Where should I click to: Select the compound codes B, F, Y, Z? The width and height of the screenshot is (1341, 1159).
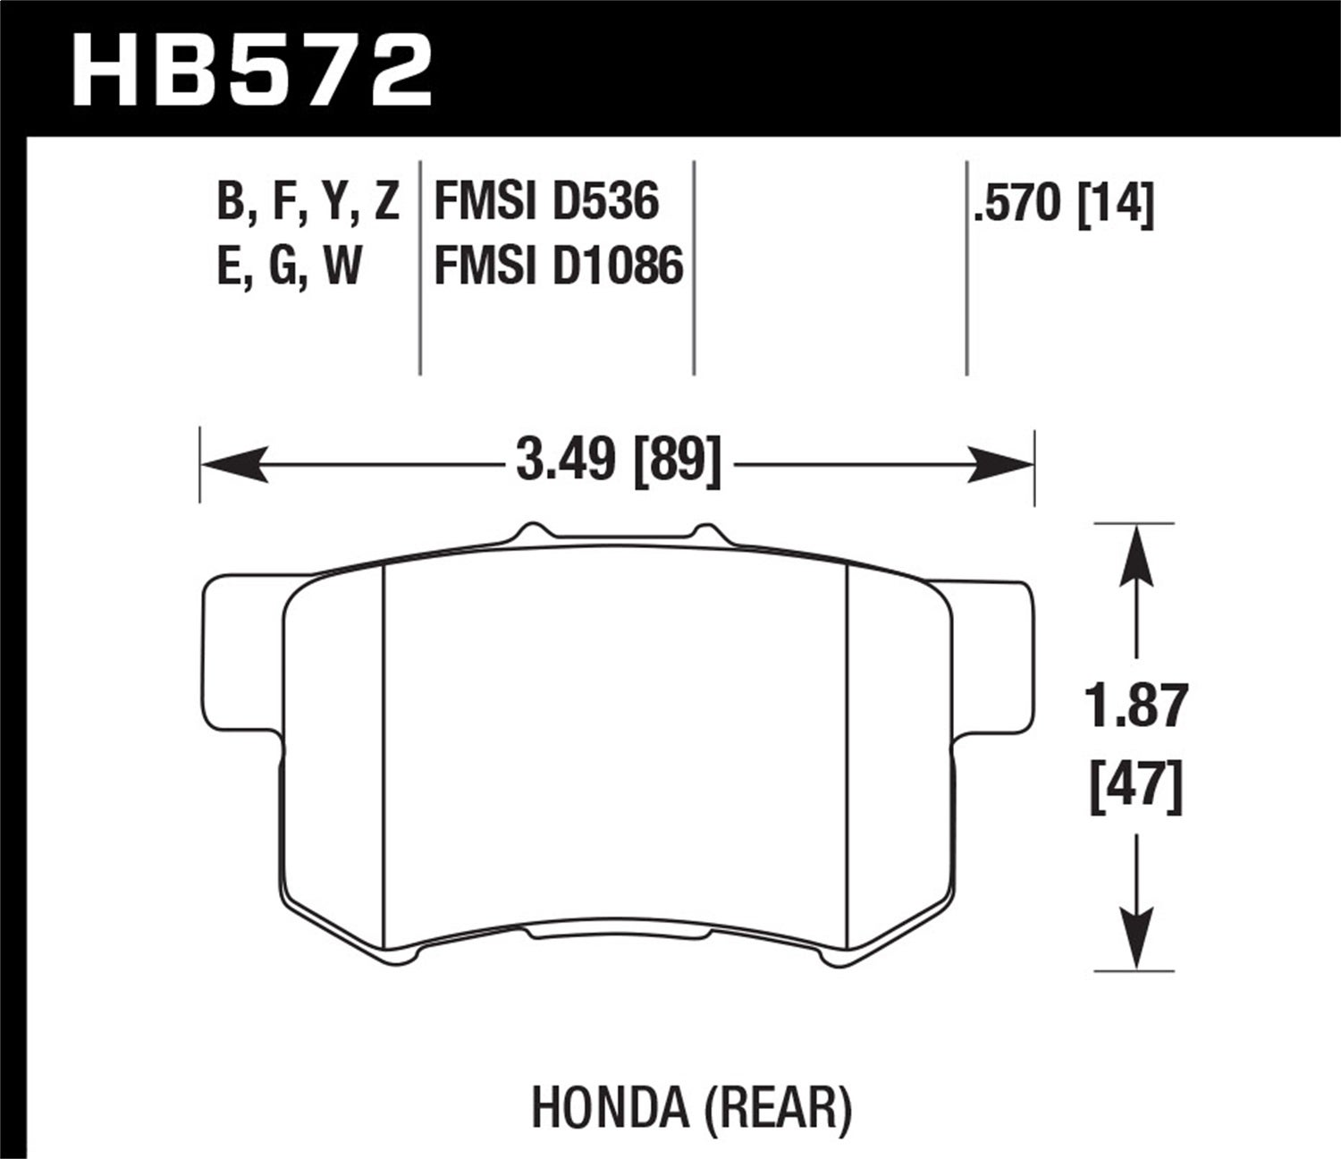[308, 201]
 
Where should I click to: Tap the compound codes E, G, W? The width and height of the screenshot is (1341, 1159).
[289, 266]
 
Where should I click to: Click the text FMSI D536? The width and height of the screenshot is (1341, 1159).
[546, 201]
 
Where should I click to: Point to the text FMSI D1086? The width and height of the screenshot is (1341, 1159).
[559, 266]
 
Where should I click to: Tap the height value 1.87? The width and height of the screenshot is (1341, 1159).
[1136, 706]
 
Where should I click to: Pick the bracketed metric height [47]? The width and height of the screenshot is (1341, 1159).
[1136, 786]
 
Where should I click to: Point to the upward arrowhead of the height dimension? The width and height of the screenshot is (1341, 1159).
[1135, 554]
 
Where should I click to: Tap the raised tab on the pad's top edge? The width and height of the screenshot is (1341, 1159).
[622, 534]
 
